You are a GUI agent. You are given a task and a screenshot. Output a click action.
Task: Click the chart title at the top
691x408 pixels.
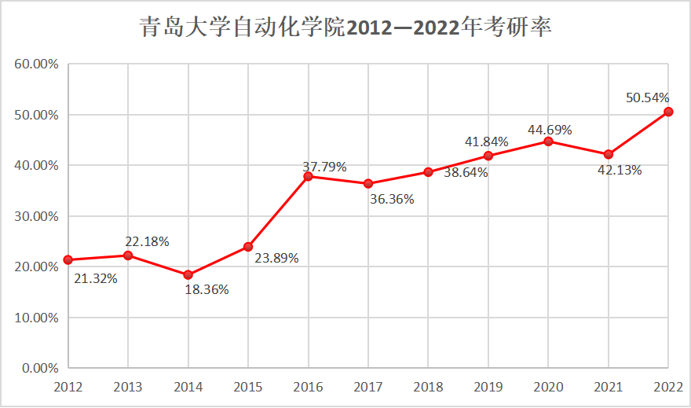pos(345,27)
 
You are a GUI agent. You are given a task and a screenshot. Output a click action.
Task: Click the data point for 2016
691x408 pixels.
pos(308,176)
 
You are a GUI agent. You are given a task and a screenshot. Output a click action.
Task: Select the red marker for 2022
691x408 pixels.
pos(668,112)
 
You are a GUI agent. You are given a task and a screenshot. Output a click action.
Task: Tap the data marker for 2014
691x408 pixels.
pos(188,274)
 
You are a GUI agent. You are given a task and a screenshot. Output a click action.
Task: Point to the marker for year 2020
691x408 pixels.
pos(548,142)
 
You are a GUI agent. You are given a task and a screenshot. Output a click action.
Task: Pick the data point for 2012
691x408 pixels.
pos(68,259)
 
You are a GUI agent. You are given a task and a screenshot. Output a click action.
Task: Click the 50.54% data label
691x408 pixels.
pos(648,97)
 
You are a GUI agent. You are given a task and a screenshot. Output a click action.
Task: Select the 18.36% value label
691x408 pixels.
pos(207,290)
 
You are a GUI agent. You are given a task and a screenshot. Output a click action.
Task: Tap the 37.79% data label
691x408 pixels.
pos(324,167)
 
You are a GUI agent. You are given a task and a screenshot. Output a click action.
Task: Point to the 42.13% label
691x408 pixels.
pos(620,170)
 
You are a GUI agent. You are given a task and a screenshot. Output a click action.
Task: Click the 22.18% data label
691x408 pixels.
pos(147,241)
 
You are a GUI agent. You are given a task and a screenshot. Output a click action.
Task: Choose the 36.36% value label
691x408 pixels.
pos(392,199)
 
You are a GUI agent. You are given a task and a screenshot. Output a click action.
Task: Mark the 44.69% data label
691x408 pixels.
pos(550,129)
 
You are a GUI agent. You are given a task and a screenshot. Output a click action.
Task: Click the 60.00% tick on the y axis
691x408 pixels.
pos(36,64)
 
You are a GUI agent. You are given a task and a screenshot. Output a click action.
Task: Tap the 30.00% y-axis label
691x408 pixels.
pos(36,216)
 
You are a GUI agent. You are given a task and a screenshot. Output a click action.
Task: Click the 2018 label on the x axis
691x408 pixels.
pos(428,387)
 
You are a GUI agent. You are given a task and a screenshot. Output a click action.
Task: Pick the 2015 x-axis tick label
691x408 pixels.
pos(248,387)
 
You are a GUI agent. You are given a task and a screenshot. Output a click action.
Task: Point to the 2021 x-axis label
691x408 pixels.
pos(608,387)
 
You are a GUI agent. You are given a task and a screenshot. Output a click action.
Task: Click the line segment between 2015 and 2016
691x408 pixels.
pos(278,211)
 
